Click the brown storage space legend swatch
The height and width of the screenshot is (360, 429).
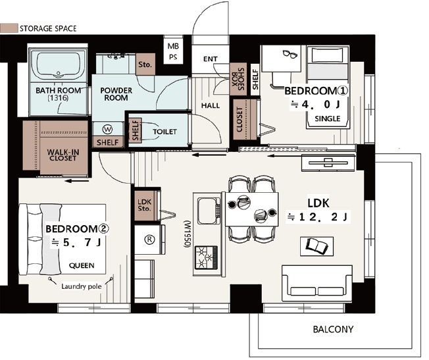pos(9,28)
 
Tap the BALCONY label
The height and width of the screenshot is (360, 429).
pos(333,329)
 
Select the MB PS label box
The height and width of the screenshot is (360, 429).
pos(173,51)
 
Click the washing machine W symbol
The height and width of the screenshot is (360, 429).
pos(107,129)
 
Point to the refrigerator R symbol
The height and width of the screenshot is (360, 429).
pos(149,240)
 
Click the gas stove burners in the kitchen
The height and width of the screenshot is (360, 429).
pos(206,257)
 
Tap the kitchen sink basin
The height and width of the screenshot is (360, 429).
pos(207,211)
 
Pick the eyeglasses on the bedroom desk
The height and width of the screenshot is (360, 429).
pos(290,54)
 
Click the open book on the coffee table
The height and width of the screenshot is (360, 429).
pos(317,245)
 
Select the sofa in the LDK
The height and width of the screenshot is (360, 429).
pos(317,284)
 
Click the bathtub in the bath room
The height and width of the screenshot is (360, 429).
pos(59,65)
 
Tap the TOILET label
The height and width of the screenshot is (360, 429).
pos(164,132)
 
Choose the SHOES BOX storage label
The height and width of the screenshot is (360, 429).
pos(238,79)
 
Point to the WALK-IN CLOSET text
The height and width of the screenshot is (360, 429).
pos(63,155)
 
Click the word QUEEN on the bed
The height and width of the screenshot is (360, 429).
pos(82,265)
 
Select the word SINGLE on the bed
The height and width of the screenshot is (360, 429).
pos(328,119)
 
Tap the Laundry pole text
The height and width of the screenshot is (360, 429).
pos(81,287)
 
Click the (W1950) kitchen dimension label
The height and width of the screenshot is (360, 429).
pos(187,234)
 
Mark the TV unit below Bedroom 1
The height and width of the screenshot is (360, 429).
pos(329,163)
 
